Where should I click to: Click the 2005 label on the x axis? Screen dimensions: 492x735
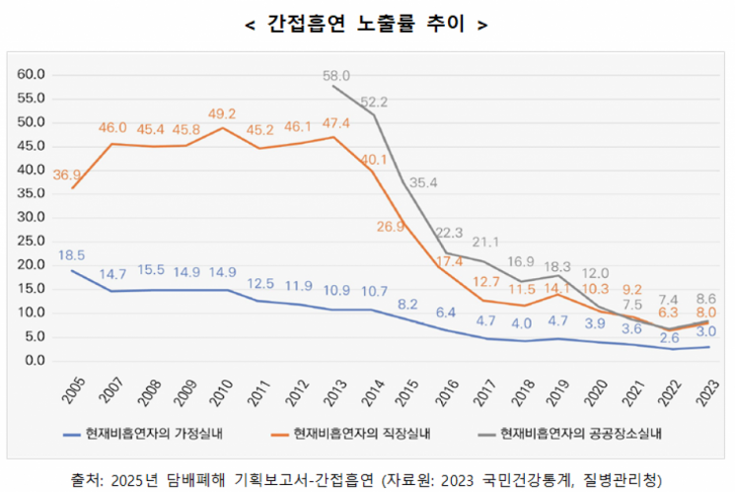76,389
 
